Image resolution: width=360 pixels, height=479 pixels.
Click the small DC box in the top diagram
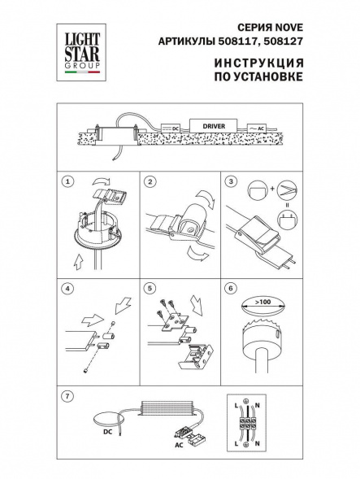click(172, 128)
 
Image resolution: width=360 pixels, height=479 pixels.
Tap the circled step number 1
click(69, 181)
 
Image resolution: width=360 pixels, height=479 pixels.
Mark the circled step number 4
click(69, 287)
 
